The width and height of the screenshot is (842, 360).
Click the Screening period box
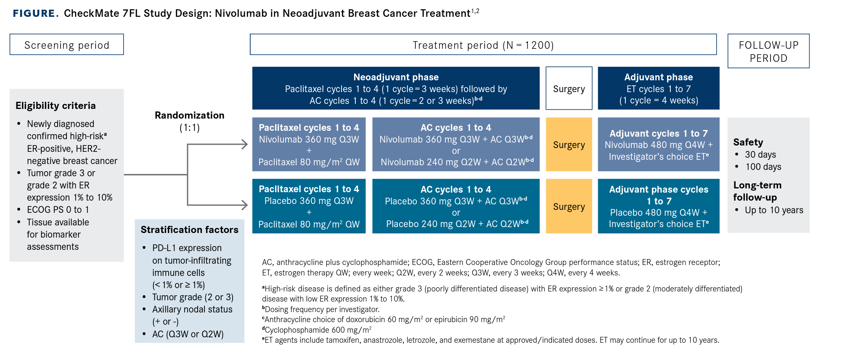pyautogui.click(x=67, y=45)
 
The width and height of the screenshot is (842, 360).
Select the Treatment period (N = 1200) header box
pyautogui.click(x=483, y=45)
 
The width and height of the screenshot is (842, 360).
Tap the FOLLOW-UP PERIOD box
pyautogui.click(x=768, y=51)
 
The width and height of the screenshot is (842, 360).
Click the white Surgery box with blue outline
pyautogui.click(x=569, y=88)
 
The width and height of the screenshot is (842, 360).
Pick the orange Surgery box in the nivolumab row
pyautogui.click(x=569, y=144)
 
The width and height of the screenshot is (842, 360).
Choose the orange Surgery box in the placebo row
pyautogui.click(x=569, y=206)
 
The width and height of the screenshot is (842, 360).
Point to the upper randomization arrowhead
pyautogui.click(x=244, y=144)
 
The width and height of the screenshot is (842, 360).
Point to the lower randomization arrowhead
pyautogui.click(x=244, y=205)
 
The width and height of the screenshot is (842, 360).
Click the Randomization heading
pyautogui.click(x=190, y=115)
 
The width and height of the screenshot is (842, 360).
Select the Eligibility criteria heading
pyautogui.click(x=56, y=106)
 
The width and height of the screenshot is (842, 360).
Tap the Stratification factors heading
pyautogui.click(x=190, y=230)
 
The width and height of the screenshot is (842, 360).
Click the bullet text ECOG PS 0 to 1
pyautogui.click(x=58, y=209)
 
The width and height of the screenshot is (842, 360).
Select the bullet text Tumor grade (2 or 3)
pyautogui.click(x=193, y=297)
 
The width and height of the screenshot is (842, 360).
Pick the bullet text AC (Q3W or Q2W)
pyautogui.click(x=188, y=334)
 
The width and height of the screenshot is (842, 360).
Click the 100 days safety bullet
pyautogui.click(x=763, y=167)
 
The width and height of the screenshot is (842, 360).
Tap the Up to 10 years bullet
pyautogui.click(x=774, y=210)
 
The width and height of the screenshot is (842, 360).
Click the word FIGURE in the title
pyautogui.click(x=36, y=13)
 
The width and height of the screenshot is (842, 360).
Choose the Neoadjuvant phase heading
pyautogui.click(x=396, y=77)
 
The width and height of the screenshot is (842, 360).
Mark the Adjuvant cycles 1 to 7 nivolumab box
pyautogui.click(x=659, y=144)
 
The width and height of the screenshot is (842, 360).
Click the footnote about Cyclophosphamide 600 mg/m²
pyautogui.click(x=317, y=330)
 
